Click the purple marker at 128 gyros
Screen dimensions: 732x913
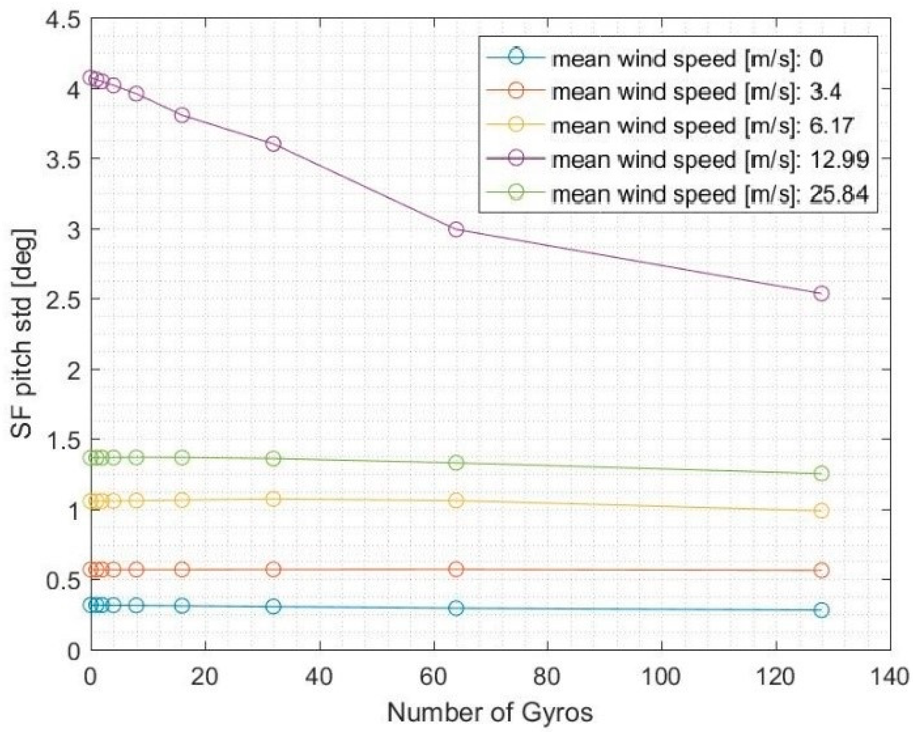point(821,293)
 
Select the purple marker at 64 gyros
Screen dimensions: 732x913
point(456,229)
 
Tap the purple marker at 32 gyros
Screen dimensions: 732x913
point(273,144)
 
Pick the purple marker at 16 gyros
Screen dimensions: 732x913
point(182,115)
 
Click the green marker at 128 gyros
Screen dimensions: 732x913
point(821,473)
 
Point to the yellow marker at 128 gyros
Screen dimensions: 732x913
point(821,510)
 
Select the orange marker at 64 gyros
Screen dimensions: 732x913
point(456,569)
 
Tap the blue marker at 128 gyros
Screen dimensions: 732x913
point(821,610)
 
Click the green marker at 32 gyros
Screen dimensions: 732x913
point(273,459)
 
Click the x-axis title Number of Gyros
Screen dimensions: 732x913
point(490,713)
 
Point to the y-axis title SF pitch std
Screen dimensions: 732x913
point(23,334)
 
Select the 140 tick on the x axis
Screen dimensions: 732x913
point(891,677)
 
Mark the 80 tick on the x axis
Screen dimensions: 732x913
point(548,677)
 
